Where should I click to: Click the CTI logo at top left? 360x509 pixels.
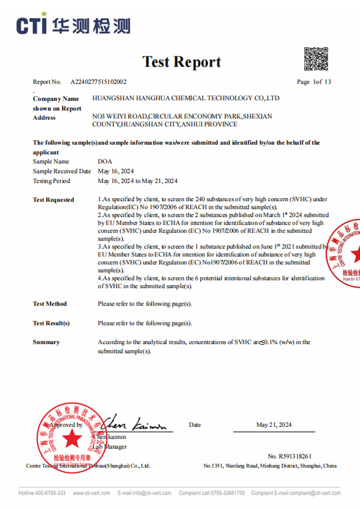pos(73,25)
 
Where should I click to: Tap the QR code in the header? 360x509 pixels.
pos(316,58)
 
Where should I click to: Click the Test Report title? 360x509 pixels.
pos(182,62)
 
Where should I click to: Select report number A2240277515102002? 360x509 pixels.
pos(98,82)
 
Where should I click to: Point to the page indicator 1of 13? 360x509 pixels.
pos(314,82)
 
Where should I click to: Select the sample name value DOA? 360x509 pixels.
pos(104,161)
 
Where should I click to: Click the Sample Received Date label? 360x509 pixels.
pos(62,171)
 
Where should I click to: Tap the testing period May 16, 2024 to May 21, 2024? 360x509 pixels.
pos(137,181)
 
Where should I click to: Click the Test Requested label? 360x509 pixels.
pos(53,200)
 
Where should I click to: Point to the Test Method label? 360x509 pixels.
pos(50,304)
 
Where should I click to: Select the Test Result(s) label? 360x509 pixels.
pos(51,323)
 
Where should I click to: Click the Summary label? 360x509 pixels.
pos(46,342)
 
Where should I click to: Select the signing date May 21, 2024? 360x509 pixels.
pos(274,425)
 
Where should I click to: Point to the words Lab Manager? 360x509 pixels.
pos(110,447)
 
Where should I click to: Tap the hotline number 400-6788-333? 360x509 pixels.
pos(50,493)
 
